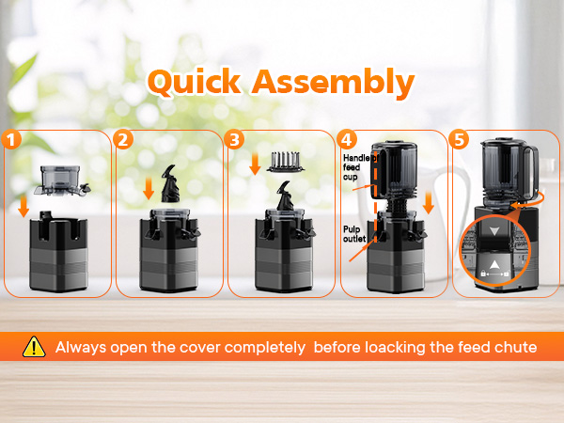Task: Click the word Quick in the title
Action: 195,83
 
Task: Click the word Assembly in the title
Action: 333,84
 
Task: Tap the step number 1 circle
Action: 11,139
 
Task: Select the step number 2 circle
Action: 123,139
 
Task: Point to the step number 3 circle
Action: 234,139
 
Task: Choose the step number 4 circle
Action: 347,139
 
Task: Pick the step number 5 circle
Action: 459,139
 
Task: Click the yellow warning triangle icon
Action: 34,347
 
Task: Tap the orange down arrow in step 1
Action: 23,206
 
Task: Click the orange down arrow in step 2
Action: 149,189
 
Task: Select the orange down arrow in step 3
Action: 255,164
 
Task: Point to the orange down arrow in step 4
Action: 428,203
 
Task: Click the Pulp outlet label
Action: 354,234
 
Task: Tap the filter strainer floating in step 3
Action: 285,162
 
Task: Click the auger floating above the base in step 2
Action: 170,183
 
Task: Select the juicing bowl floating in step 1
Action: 62,180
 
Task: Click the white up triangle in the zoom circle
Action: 494,265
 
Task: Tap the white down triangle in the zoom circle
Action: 494,231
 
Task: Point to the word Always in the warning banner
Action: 81,348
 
